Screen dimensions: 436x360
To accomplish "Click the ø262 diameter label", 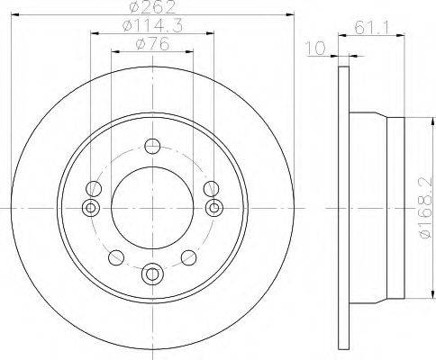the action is (x=152, y=6).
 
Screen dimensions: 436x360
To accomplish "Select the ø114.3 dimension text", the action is (x=152, y=26).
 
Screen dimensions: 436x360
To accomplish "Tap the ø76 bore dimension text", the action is (x=152, y=45).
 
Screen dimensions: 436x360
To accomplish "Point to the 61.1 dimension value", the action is (x=371, y=29).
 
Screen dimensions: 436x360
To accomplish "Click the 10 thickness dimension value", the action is (x=315, y=49).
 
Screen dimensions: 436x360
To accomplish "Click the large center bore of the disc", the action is (x=152, y=208).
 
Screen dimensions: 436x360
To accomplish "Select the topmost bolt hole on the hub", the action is (x=152, y=146).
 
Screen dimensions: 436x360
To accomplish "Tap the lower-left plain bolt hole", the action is (x=116, y=257).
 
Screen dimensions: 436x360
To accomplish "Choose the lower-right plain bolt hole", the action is (x=189, y=257).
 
